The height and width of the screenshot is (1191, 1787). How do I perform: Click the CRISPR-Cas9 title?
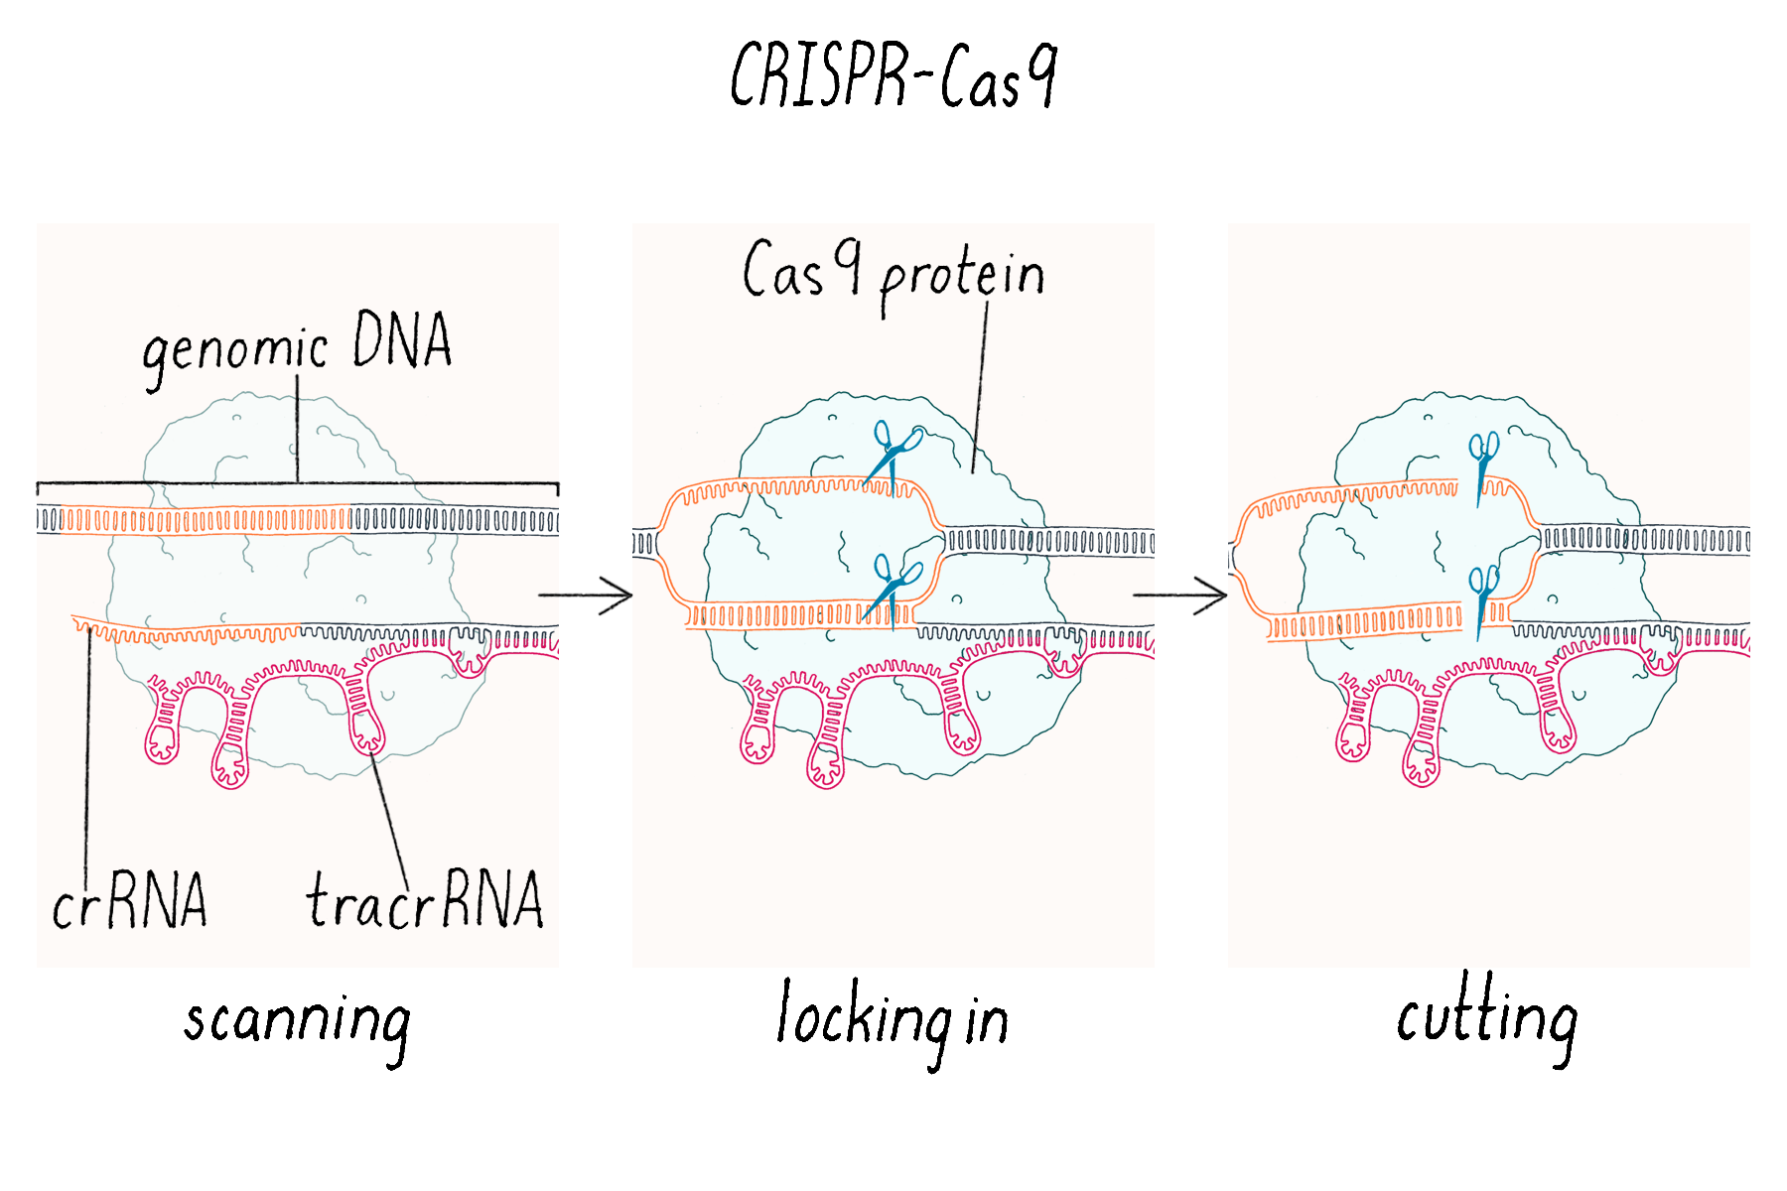pos(893,75)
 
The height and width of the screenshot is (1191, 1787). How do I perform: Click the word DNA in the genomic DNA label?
pos(402,340)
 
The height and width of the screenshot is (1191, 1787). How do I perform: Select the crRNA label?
pos(129,902)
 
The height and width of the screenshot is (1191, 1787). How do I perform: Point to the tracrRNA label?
pos(425,901)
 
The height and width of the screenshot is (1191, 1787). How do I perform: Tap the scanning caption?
pos(297,1022)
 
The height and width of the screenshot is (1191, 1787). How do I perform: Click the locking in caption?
pos(892,1020)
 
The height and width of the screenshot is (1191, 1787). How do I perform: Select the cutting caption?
pos(1486,1018)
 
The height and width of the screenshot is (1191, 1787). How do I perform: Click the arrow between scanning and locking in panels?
pos(586,595)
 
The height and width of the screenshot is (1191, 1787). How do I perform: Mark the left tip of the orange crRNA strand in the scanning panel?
pos(75,619)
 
